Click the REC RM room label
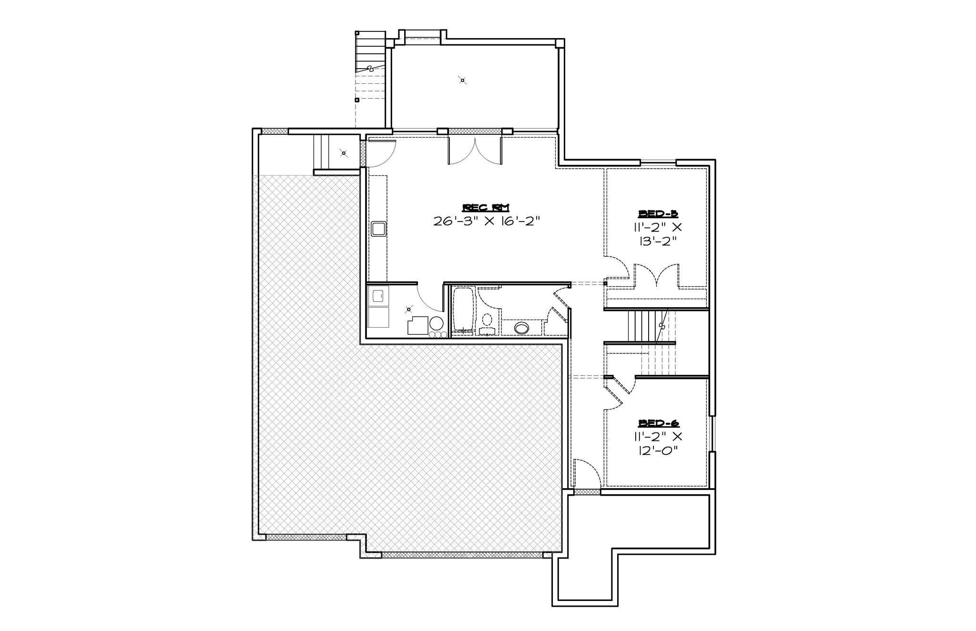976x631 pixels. pyautogui.click(x=486, y=207)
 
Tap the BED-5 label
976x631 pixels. pyautogui.click(x=658, y=213)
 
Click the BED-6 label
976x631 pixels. pyautogui.click(x=658, y=423)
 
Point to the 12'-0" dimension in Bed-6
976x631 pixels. pyautogui.click(x=658, y=450)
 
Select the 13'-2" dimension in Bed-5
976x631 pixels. pyautogui.click(x=658, y=241)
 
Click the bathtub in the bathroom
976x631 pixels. pyautogui.click(x=462, y=309)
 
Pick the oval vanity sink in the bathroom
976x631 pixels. pyautogui.click(x=522, y=328)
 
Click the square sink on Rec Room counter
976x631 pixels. pyautogui.click(x=379, y=229)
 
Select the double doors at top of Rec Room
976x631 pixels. pyautogui.click(x=475, y=150)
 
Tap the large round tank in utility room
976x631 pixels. pyautogui.click(x=437, y=324)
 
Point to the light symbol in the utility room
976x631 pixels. pyautogui.click(x=408, y=310)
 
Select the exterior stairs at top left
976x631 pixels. pyautogui.click(x=370, y=52)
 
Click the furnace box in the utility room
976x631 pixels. pyautogui.click(x=417, y=326)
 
